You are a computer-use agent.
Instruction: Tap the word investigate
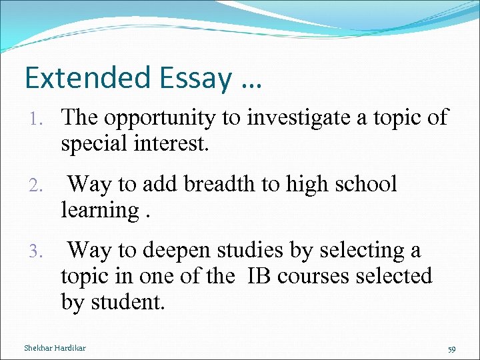297,119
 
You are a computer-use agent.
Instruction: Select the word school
364,184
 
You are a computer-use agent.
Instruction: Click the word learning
100,211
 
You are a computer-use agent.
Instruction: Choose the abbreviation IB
261,275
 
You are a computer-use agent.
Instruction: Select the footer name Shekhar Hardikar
54,348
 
